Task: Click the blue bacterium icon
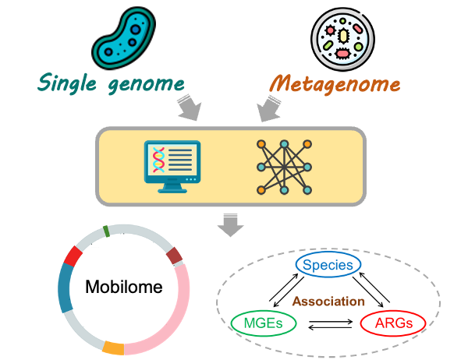coord(123,38)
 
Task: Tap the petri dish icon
coord(342,39)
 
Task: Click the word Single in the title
coord(67,83)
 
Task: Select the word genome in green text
coord(146,85)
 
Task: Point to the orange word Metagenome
coord(335,84)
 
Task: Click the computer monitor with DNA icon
coord(172,167)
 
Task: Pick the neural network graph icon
coord(284,167)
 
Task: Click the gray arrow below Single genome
coord(190,108)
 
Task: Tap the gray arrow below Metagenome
coord(269,108)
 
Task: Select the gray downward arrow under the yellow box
coord(230,225)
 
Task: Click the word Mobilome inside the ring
coord(124,287)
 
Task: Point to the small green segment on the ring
coord(106,231)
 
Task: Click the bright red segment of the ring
coord(73,256)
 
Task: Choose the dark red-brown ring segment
coord(174,256)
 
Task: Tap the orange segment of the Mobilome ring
coord(113,348)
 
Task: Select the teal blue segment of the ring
coord(65,288)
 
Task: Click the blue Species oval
coord(328,265)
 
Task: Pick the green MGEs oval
coord(264,323)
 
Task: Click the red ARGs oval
coord(393,323)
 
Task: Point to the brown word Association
coord(328,302)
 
